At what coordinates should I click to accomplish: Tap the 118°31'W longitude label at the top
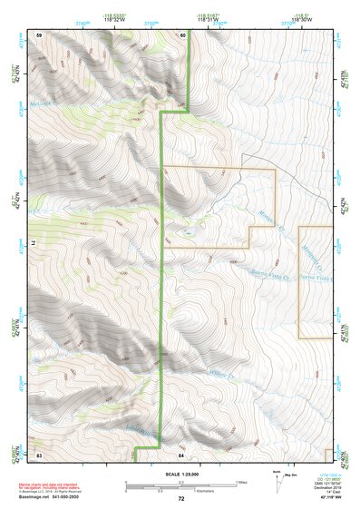coord(207,23)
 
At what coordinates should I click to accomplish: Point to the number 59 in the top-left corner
coord(39,34)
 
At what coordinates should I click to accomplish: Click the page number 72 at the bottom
coord(181,498)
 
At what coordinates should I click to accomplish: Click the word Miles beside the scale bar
coord(243,482)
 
